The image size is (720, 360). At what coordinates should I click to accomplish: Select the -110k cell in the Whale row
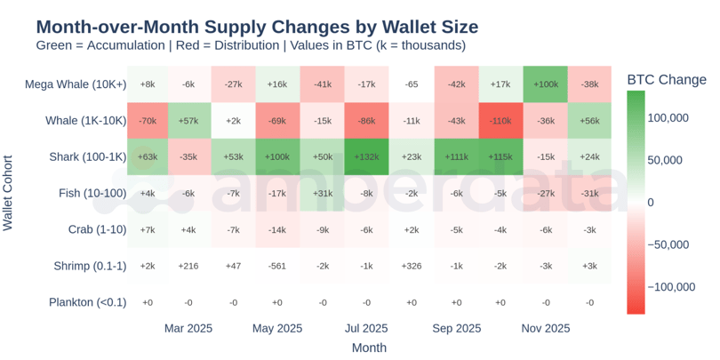[x=500, y=120]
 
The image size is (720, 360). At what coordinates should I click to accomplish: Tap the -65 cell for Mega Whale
[x=412, y=84]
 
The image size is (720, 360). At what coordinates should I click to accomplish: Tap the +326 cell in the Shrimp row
[x=412, y=266]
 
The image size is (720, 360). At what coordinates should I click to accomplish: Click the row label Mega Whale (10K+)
[x=76, y=84]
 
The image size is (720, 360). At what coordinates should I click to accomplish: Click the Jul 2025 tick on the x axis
[x=367, y=329]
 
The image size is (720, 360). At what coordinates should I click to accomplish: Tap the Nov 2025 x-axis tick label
[x=545, y=329]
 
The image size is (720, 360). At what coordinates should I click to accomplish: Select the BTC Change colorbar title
[x=667, y=79]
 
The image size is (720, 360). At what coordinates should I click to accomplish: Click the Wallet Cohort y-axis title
[x=9, y=193]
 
